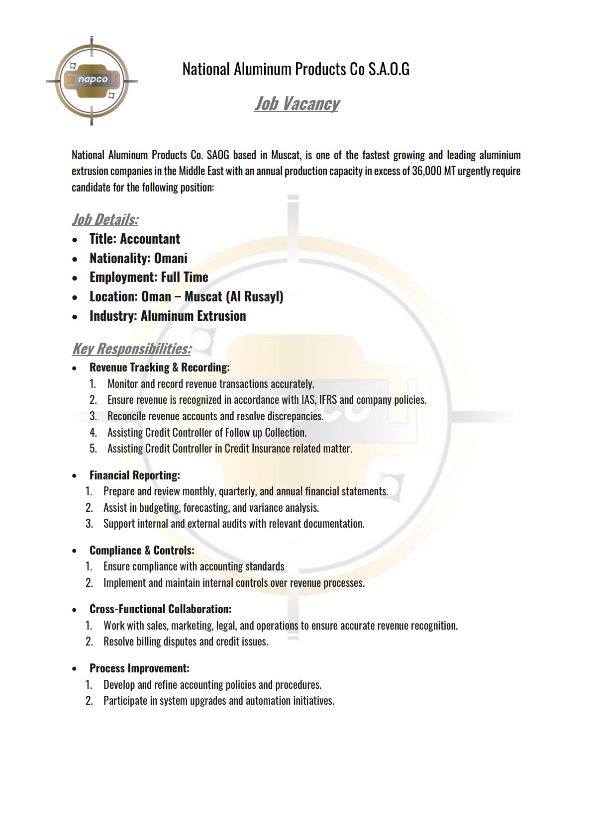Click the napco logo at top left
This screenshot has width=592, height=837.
click(92, 80)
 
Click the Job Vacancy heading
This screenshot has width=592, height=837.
click(296, 103)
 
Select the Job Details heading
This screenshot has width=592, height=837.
click(105, 219)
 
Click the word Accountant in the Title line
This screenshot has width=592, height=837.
click(150, 239)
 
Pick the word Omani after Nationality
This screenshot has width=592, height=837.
click(171, 258)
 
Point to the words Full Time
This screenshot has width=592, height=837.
click(184, 277)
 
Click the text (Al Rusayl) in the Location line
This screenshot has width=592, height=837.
click(254, 296)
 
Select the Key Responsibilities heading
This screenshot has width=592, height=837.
click(131, 349)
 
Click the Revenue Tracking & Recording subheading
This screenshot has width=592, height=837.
click(159, 368)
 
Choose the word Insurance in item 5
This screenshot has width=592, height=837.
click(271, 449)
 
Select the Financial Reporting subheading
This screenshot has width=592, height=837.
click(134, 475)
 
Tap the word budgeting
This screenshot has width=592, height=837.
click(159, 508)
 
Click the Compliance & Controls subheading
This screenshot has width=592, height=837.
click(142, 551)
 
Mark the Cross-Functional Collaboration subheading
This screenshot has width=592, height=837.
click(160, 609)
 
